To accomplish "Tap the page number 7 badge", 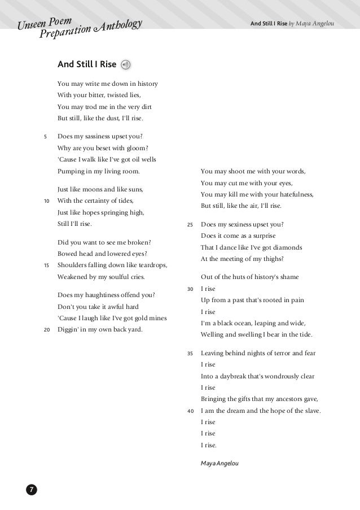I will [31, 489].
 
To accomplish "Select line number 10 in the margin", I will [45, 200].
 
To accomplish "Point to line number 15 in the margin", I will [45, 265].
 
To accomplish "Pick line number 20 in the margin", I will [45, 330].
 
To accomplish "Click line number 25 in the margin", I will [190, 224].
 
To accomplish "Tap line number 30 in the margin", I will [190, 289].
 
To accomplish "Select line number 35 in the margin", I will [190, 354].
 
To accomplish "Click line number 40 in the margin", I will [190, 411].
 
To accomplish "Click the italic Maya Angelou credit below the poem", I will [219, 463].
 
